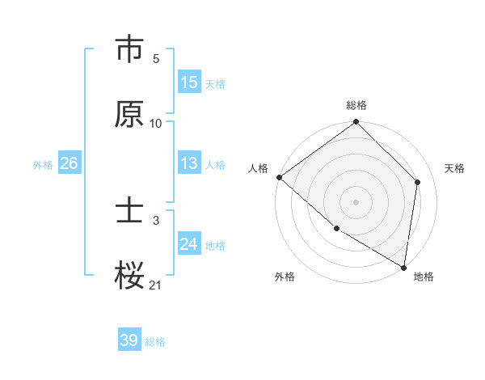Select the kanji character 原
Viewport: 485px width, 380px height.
(129, 114)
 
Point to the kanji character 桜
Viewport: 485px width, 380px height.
(129, 275)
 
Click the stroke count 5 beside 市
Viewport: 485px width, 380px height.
(156, 59)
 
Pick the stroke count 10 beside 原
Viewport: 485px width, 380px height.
(156, 124)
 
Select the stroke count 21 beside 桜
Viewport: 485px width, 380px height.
(156, 285)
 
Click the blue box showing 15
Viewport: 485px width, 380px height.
(189, 82)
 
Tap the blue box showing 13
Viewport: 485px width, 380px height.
(189, 163)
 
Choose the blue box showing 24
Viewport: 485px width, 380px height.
(189, 244)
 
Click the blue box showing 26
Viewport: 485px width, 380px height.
(69, 163)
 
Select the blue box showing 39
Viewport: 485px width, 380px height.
(129, 340)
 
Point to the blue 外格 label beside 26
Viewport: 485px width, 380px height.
(43, 164)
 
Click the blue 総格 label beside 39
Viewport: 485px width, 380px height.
(155, 341)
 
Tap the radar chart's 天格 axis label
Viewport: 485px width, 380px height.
(454, 168)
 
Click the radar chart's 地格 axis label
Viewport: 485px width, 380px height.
(424, 277)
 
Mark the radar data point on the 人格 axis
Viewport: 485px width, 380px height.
(279, 177)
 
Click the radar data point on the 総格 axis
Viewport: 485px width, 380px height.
(356, 123)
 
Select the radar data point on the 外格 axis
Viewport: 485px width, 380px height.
(336, 228)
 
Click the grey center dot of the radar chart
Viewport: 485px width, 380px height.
(356, 201)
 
